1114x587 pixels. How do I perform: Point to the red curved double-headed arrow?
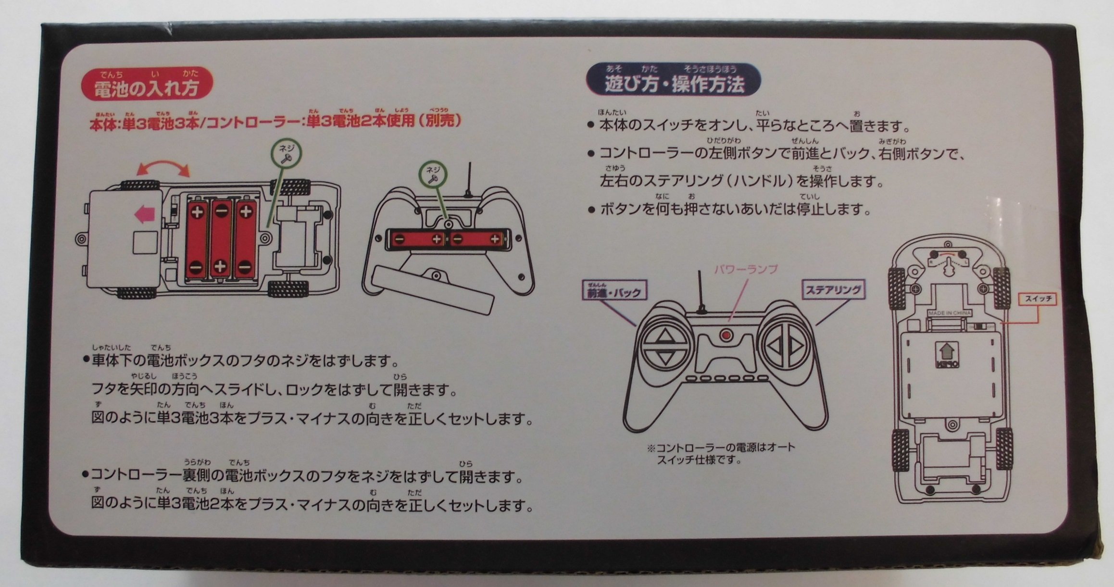coord(163,168)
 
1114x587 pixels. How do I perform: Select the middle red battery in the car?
coord(221,238)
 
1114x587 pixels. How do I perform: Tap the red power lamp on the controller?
coord(726,335)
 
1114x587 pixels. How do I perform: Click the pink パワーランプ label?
coord(745,269)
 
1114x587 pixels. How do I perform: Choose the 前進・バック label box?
coord(614,291)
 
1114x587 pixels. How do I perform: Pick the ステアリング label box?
coord(833,290)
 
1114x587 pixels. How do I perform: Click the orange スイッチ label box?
coord(1038,299)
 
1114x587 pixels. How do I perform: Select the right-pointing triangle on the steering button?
coord(795,346)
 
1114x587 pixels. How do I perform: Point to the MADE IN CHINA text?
coord(949,313)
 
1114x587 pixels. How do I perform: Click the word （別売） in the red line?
coord(440,121)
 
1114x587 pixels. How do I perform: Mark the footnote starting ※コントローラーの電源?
coord(721,453)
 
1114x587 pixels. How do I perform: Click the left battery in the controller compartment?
coord(417,238)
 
